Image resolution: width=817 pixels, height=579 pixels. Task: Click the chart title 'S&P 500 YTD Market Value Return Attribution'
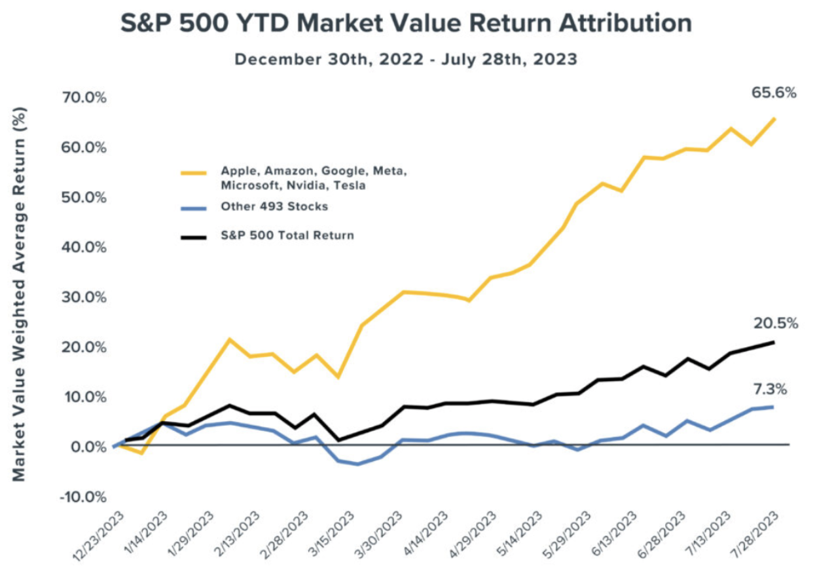click(x=406, y=24)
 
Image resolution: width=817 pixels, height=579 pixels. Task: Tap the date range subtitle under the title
click(x=406, y=59)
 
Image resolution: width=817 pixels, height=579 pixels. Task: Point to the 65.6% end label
click(x=774, y=93)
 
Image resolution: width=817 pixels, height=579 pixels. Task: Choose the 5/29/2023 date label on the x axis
click(x=568, y=534)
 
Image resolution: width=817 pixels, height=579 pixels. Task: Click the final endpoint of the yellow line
click(x=775, y=119)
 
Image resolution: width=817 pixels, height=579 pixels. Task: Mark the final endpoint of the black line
click(x=775, y=342)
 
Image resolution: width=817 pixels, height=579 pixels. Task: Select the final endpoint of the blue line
click(x=775, y=407)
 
